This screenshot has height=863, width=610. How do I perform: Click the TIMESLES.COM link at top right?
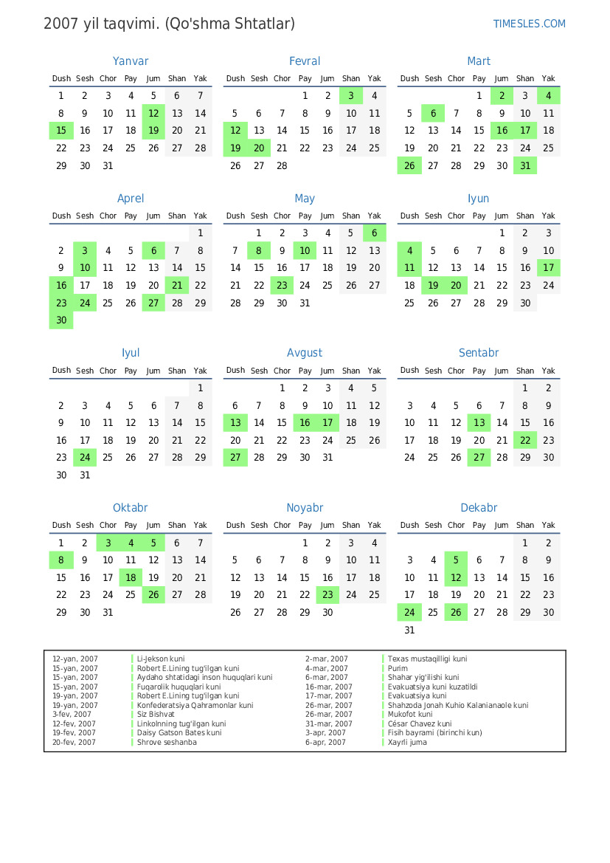point(529,24)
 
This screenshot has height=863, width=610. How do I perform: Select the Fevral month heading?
point(305,61)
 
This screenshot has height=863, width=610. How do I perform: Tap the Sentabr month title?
point(479,353)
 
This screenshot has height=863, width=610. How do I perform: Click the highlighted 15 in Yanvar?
point(61,131)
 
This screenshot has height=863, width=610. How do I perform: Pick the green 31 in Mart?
point(525,166)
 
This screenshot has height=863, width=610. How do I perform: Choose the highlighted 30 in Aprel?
point(61,320)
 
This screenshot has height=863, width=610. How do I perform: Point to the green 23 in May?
point(282,285)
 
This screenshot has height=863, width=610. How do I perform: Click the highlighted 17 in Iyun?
point(548,268)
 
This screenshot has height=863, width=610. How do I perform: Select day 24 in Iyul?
point(85,458)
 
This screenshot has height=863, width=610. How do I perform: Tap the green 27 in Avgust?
point(235,458)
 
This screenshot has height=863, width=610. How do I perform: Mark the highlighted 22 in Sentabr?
point(525,440)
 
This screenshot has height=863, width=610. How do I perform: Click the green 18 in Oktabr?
point(131,577)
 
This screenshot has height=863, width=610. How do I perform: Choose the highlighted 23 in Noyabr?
point(327,595)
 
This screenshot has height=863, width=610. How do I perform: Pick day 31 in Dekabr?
point(409,630)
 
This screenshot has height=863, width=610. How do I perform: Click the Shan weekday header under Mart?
point(525,79)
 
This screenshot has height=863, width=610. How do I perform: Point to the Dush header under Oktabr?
point(61,526)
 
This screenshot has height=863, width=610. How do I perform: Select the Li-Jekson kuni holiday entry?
point(161,659)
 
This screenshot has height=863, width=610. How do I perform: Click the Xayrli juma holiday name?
point(407,743)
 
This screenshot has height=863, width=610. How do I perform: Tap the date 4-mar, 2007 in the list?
point(327,668)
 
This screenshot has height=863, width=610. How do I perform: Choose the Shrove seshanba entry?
point(167,743)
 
